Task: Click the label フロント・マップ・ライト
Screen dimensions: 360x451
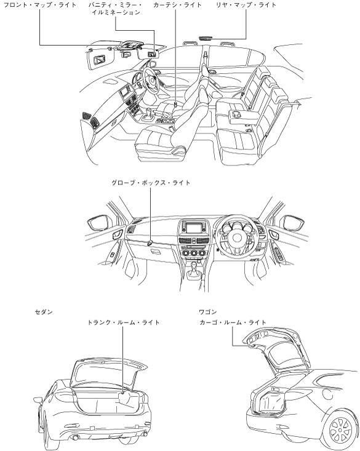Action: [40, 5]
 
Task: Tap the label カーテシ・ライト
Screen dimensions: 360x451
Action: [177, 5]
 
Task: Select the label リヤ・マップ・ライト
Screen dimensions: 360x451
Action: [246, 5]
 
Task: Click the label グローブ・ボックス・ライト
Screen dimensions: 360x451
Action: [151, 183]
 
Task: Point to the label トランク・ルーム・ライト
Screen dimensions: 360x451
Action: [124, 322]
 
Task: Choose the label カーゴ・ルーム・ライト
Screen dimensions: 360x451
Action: [233, 322]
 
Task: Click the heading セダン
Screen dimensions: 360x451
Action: [44, 312]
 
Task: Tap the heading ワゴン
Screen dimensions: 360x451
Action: [208, 312]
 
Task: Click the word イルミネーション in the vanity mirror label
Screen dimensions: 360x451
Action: [116, 13]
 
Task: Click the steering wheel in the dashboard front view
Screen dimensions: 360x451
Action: [237, 236]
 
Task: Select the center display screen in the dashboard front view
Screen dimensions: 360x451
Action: [193, 229]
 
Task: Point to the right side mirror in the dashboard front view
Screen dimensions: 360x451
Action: [294, 223]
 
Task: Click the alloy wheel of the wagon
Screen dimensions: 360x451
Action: [340, 430]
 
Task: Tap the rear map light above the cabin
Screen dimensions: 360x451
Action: [206, 38]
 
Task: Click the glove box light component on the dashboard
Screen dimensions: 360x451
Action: [150, 243]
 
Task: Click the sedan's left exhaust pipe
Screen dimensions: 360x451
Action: [76, 438]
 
